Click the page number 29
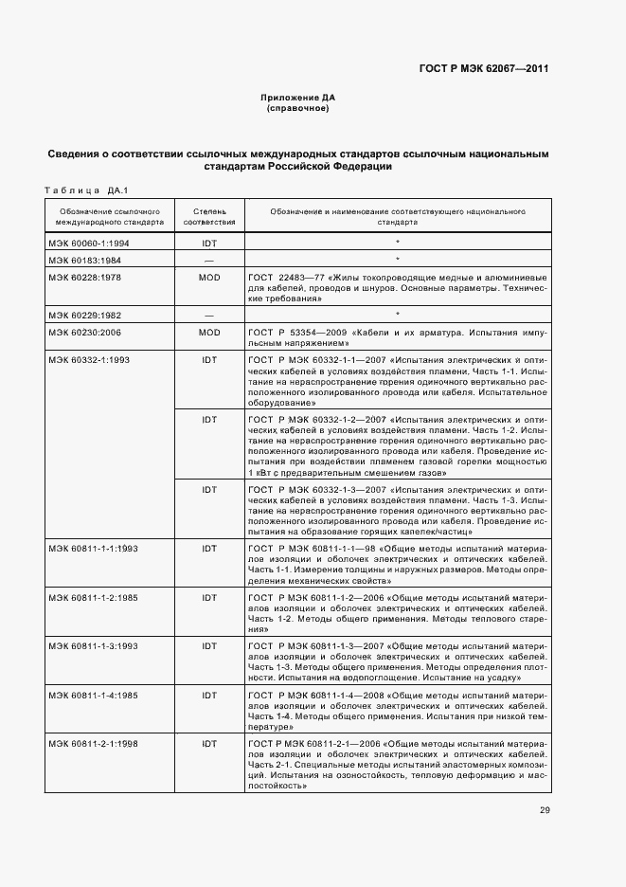(545, 809)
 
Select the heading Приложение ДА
(298, 99)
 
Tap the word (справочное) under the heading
(298, 109)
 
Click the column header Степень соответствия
(209, 216)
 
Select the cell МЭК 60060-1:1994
(90, 244)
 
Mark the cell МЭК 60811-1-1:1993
(93, 549)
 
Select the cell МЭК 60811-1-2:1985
(93, 597)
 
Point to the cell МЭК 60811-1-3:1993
(93, 645)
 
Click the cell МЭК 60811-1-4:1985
(93, 695)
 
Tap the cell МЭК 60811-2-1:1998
(93, 743)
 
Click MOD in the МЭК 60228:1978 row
(209, 277)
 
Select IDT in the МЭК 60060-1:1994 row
(209, 244)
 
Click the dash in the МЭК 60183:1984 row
(209, 260)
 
